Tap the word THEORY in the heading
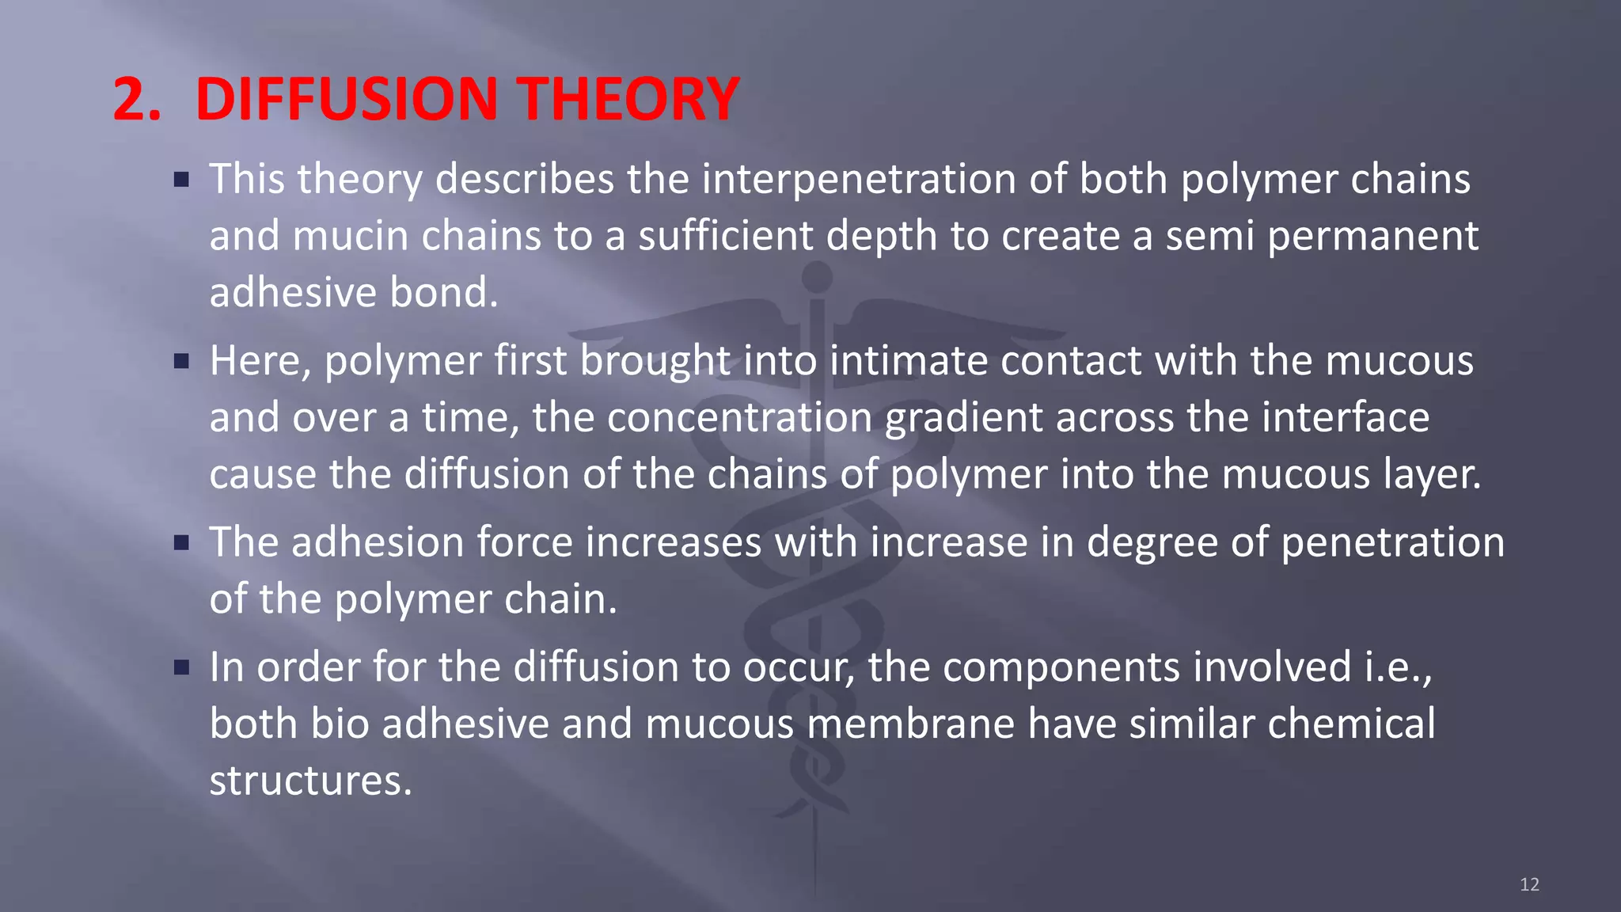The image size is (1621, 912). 629,99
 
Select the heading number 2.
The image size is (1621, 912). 136,99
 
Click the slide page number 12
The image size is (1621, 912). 1529,884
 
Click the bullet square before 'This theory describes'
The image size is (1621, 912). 182,180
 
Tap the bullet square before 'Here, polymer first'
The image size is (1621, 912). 182,362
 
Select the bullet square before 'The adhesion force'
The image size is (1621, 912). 182,543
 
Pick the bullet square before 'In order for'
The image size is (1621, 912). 182,667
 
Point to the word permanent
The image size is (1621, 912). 1372,236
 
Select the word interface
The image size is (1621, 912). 1345,417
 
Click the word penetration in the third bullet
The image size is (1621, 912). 1392,543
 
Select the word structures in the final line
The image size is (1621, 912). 310,781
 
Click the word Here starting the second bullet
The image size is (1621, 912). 260,362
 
